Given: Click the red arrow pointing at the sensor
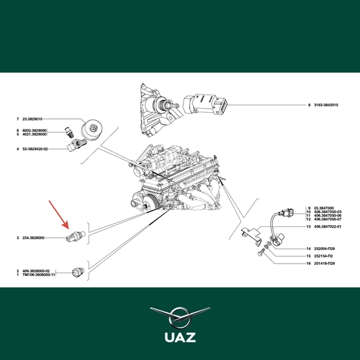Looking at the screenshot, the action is pos(59,215).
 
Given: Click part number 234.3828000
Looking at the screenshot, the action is pos(34,238).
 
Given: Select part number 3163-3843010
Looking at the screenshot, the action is pos(326,105).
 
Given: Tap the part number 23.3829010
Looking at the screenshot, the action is pos(32,119).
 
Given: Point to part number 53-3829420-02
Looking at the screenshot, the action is pos(35,149).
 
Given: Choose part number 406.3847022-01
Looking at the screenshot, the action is pos(328,226).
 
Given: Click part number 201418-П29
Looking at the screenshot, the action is pos(325,264).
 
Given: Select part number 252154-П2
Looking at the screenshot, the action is pos(323,256).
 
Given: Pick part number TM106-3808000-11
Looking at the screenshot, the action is pos(39,275).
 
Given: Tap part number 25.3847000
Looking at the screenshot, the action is pos(324,208).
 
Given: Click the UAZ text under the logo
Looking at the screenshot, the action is pos(180,337).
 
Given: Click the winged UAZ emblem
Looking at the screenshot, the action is pos(180,318).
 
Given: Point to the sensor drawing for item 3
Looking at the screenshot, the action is pos(76,236).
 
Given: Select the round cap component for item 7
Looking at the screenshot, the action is pos(92,128).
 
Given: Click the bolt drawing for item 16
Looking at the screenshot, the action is pos(261,253).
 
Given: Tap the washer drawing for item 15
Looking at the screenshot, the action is pos(267,247).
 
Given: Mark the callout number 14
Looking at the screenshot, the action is pos(309,249).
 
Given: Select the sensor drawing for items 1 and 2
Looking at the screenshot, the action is pos(78,272).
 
